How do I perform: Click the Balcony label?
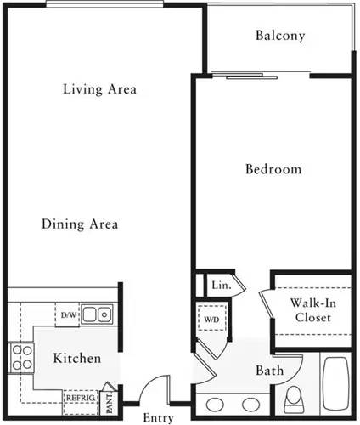coord(279,36)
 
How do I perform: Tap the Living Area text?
coord(100,89)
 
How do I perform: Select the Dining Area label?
coord(79,224)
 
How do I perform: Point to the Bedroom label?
coord(273,169)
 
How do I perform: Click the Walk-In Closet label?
coord(312,310)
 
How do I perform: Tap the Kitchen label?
coord(77,358)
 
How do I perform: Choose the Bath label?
coord(269,371)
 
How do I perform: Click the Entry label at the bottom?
coord(159,417)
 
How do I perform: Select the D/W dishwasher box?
coord(68,315)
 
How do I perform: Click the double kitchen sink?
coord(99,315)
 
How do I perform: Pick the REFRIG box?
coord(81,397)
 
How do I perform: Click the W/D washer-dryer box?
coord(210,320)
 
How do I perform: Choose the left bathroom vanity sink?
coord(217,404)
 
